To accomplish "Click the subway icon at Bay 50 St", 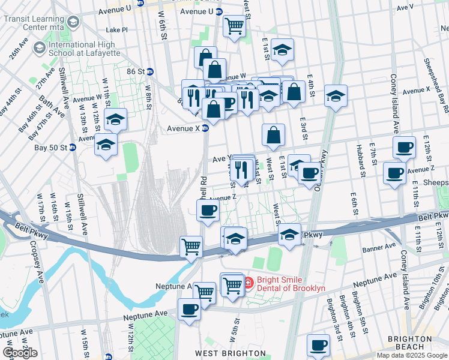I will [73, 148].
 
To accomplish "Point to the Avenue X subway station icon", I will [205, 128].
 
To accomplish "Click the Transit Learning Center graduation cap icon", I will [73, 22].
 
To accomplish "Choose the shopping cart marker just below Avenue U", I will [234, 25].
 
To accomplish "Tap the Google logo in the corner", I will [20, 352].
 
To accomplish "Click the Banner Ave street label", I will [379, 245].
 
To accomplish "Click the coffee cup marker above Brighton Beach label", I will [318, 345].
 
